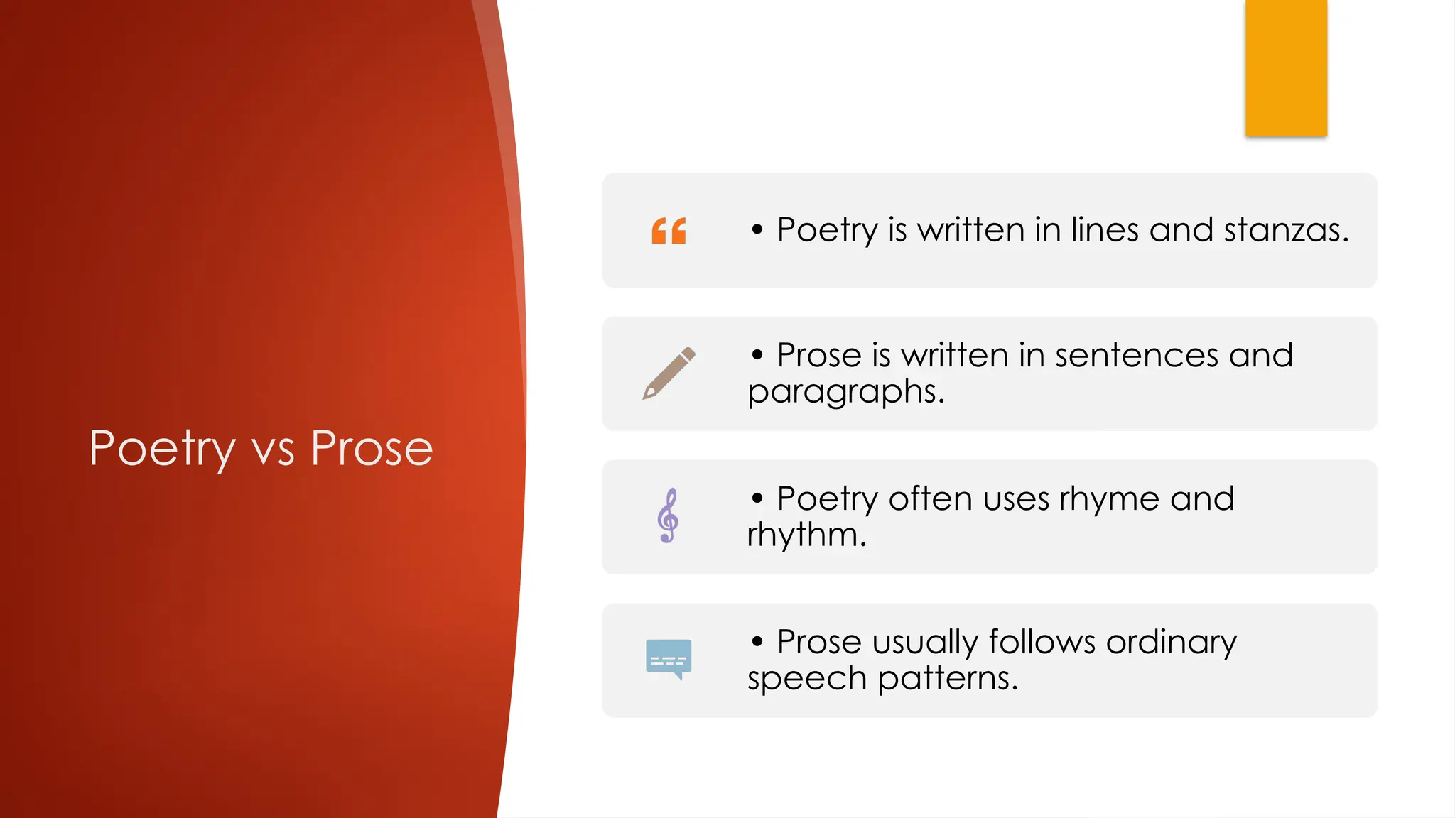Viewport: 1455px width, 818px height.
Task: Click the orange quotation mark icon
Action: pos(669,231)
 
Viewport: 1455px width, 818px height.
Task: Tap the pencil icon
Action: pos(669,373)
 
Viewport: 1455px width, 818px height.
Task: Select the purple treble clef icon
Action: pos(668,516)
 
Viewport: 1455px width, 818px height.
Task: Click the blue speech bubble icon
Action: pos(669,658)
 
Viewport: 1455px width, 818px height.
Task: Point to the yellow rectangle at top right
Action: pos(1286,67)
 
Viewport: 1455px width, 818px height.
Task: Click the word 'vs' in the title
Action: pos(273,450)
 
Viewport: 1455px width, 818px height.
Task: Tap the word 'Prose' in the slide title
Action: pos(372,449)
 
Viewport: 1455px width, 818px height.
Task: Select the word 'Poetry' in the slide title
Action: pos(162,450)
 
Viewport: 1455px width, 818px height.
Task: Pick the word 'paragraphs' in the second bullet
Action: pos(845,392)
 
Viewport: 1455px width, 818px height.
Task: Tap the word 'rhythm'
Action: pos(806,535)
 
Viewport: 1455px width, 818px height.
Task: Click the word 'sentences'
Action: pos(1137,355)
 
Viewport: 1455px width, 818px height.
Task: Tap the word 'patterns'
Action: pos(948,678)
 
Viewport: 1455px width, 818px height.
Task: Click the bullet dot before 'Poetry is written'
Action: pos(757,229)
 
